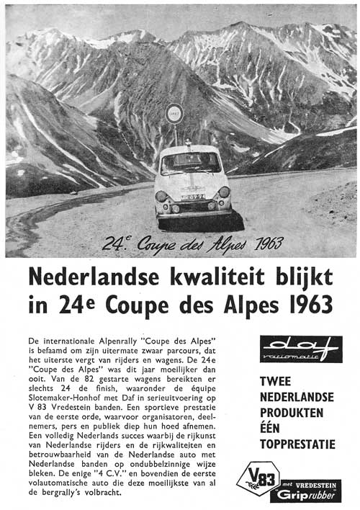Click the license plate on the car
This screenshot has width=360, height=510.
coord(192,196)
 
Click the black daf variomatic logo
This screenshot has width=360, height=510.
coord(301,349)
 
